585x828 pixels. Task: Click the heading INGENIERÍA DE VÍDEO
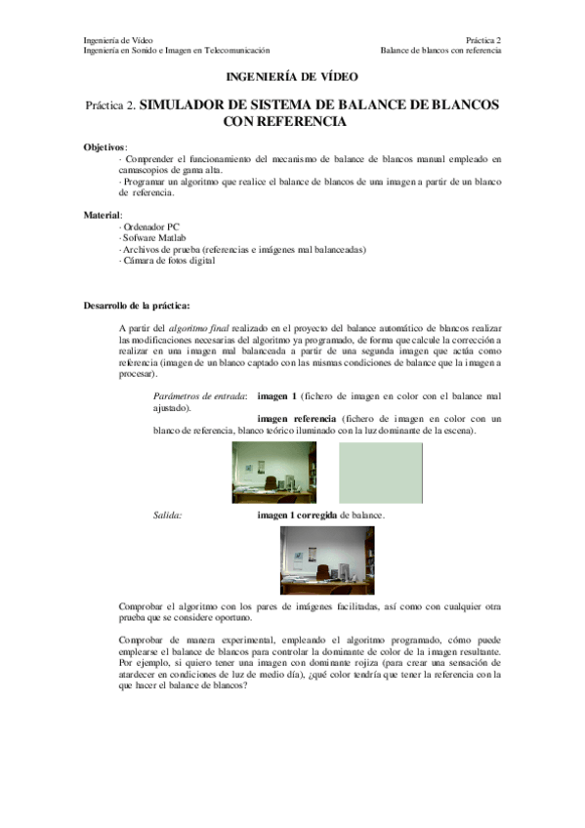[292, 75]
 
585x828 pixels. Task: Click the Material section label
[104, 213]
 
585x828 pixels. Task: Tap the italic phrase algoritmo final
[201, 328]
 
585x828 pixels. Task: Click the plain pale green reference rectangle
[380, 472]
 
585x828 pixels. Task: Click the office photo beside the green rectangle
[273, 472]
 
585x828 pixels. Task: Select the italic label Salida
[168, 514]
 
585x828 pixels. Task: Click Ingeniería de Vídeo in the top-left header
[117, 39]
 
